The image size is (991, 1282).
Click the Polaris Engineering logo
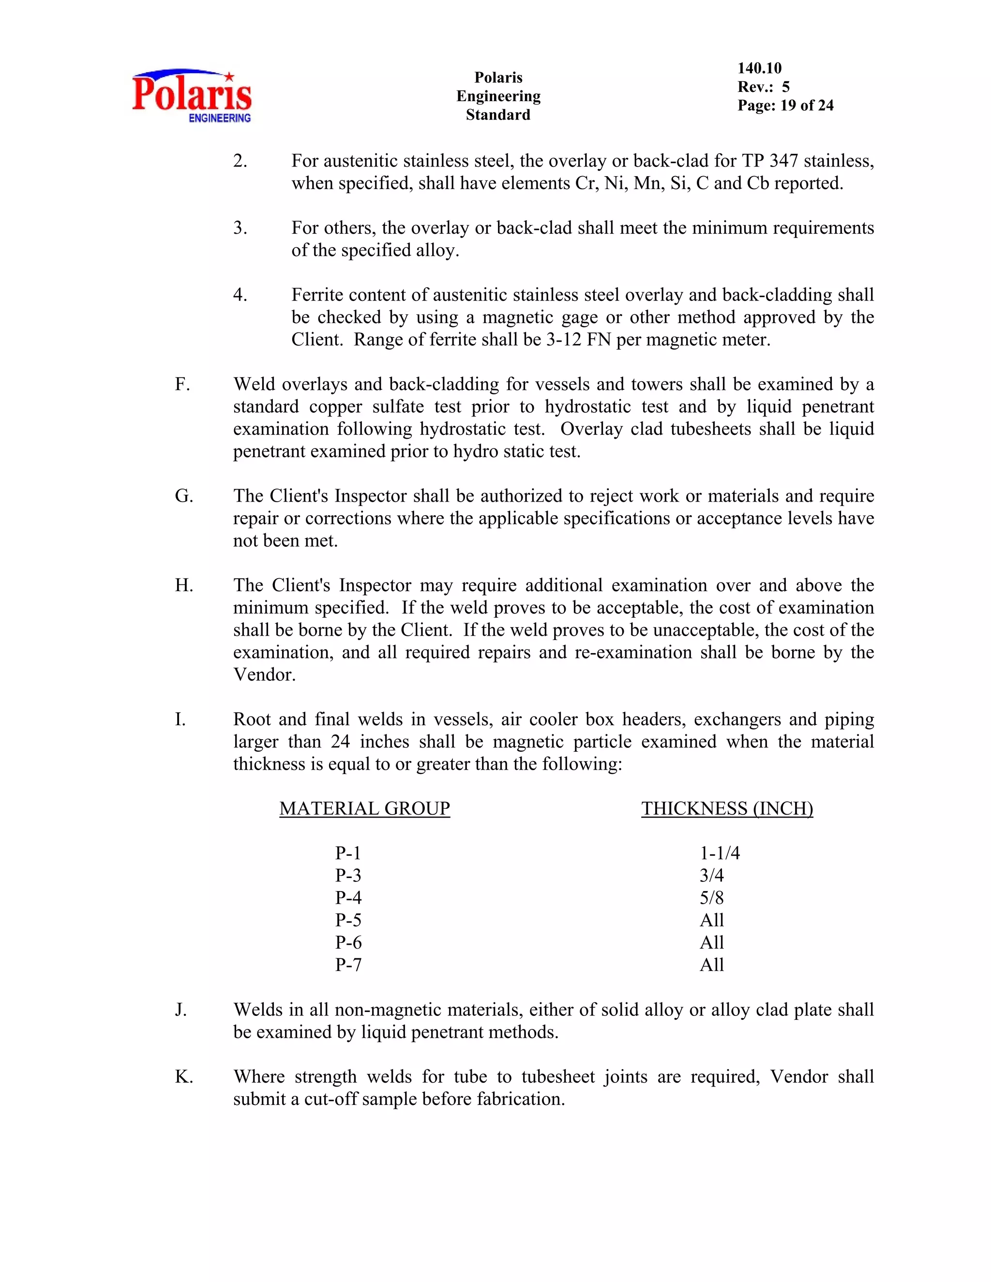(x=192, y=96)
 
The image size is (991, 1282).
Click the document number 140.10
(x=759, y=68)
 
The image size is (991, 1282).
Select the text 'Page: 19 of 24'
(x=785, y=105)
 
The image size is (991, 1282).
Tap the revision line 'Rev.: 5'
(x=763, y=87)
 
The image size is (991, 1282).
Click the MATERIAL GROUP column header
(x=364, y=808)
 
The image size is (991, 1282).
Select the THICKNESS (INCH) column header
(x=727, y=808)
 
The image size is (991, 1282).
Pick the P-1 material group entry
(x=348, y=853)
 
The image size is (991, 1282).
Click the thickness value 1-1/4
(x=720, y=853)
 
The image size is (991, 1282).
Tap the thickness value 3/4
(x=711, y=875)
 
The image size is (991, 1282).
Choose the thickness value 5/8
(x=711, y=897)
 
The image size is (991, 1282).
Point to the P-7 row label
(x=348, y=965)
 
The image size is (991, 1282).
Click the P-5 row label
(x=348, y=920)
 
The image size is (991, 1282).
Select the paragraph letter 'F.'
(x=182, y=385)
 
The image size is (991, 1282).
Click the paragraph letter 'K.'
(x=184, y=1076)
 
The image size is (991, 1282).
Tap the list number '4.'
(x=240, y=295)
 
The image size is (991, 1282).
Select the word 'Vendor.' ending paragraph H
(x=264, y=674)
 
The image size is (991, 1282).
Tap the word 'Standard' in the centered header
(x=498, y=115)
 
